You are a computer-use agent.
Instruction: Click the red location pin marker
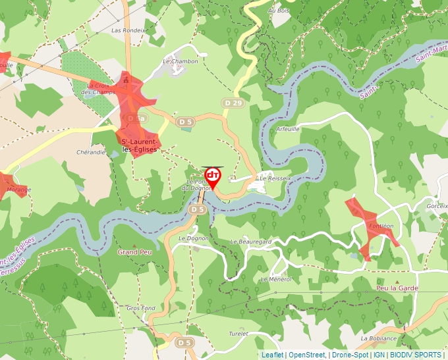point(213,176)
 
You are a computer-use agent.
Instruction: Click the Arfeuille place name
point(288,129)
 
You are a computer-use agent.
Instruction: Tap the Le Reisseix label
point(275,178)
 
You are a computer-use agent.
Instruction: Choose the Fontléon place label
point(381,225)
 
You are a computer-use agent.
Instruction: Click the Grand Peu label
point(134,252)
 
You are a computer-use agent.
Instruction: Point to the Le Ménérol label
point(276,279)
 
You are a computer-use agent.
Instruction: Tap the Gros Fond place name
point(141,308)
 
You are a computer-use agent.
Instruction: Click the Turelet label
point(238,334)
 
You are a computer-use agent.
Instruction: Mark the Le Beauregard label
point(251,242)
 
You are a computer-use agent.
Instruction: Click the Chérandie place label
point(91,152)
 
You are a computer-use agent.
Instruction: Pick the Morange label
point(18,190)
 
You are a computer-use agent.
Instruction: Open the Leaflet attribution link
point(272,355)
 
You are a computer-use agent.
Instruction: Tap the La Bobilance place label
point(379,338)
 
